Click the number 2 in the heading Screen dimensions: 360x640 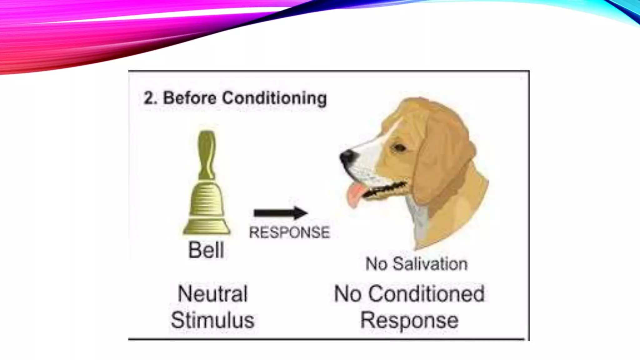[149, 98]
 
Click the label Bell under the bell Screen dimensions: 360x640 [206, 250]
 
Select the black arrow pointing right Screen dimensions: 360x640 [280, 213]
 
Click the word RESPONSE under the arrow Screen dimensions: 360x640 [289, 232]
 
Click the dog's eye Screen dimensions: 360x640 [399, 147]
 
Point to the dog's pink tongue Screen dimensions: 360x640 [355, 195]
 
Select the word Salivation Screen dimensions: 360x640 [430, 264]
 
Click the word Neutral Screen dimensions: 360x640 [213, 294]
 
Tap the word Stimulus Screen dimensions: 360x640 [213, 320]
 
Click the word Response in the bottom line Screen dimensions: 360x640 [409, 320]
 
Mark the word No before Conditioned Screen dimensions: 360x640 [347, 294]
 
